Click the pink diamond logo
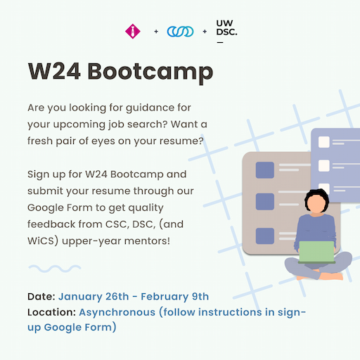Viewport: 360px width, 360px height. click(133, 31)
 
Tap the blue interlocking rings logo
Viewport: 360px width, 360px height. click(180, 32)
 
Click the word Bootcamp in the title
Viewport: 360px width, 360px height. click(150, 72)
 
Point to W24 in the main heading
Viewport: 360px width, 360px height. click(54, 71)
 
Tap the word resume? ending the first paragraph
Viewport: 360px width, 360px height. click(181, 141)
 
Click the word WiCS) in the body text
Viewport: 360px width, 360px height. click(43, 241)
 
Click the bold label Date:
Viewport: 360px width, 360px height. click(41, 297)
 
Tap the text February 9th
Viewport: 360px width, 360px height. click(175, 297)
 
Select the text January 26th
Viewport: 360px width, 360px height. click(94, 297)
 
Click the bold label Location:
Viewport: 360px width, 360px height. click(51, 312)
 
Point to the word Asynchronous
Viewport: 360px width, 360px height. click(117, 313)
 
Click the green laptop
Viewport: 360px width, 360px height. click(317, 252)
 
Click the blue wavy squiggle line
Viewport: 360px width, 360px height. click(55, 269)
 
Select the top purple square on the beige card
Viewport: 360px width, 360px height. click(265, 170)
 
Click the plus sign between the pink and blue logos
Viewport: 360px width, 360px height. click(156, 32)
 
